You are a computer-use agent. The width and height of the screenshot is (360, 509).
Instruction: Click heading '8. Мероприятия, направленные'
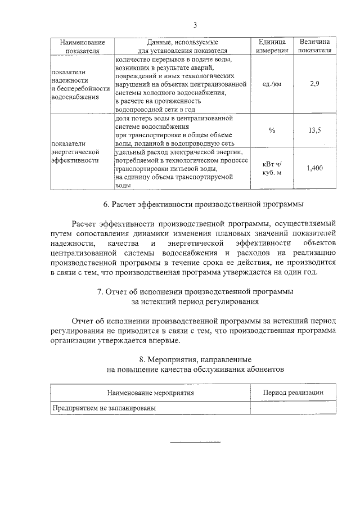point(195,359)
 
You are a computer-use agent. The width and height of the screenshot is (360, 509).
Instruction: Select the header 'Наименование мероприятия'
point(151,393)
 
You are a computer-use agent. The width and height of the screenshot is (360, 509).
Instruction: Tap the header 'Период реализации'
point(293,393)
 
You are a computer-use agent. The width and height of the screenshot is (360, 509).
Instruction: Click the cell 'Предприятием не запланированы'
point(104,408)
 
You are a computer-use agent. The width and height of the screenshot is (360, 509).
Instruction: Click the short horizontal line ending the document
point(195,441)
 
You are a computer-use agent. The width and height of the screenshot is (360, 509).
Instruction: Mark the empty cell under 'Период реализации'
point(293,408)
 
